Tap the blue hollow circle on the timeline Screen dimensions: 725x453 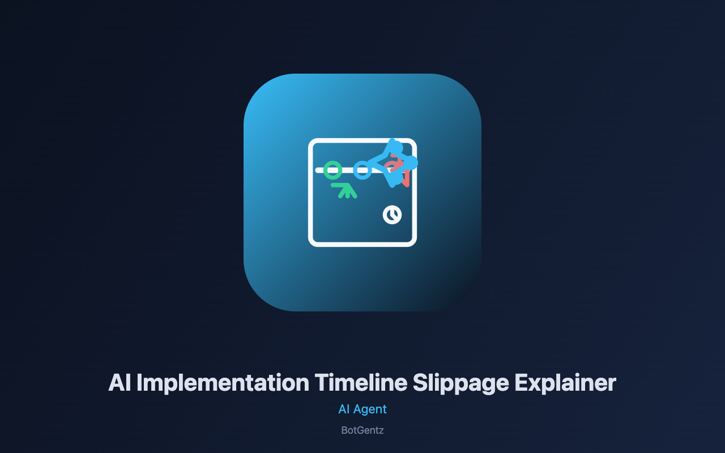[x=362, y=163]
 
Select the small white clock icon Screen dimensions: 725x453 [x=393, y=215]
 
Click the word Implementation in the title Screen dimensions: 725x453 [x=223, y=383]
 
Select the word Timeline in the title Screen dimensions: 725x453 [x=361, y=382]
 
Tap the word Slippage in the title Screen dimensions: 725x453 [x=460, y=383]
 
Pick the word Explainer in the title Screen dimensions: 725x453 [x=565, y=383]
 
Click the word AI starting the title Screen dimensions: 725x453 [x=120, y=383]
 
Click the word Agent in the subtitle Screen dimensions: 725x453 [x=370, y=409]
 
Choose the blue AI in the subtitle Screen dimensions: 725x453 [x=344, y=409]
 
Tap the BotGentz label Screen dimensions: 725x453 [x=362, y=430]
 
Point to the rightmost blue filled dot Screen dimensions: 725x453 [x=411, y=163]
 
